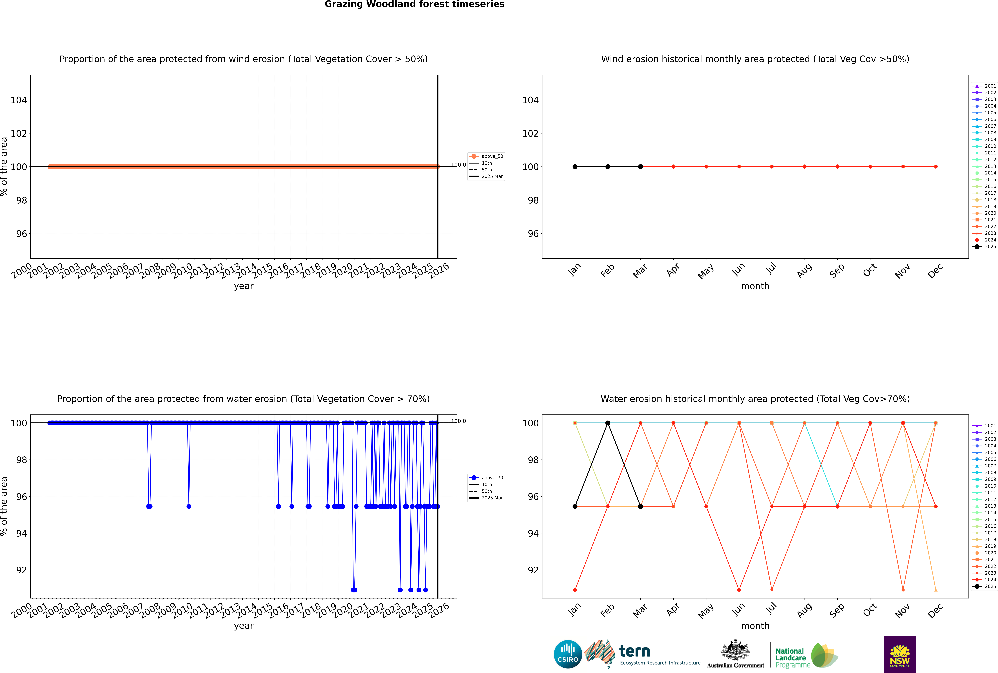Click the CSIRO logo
pos(568,654)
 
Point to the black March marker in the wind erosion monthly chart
pos(641,166)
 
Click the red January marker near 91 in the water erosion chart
pos(575,590)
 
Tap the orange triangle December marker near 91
pos(936,590)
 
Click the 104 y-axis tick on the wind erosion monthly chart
pos(530,100)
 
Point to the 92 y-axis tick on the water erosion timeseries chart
pos(21,570)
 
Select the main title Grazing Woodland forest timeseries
pos(415,4)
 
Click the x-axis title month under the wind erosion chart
pos(755,286)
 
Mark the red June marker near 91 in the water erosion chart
pos(739,590)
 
